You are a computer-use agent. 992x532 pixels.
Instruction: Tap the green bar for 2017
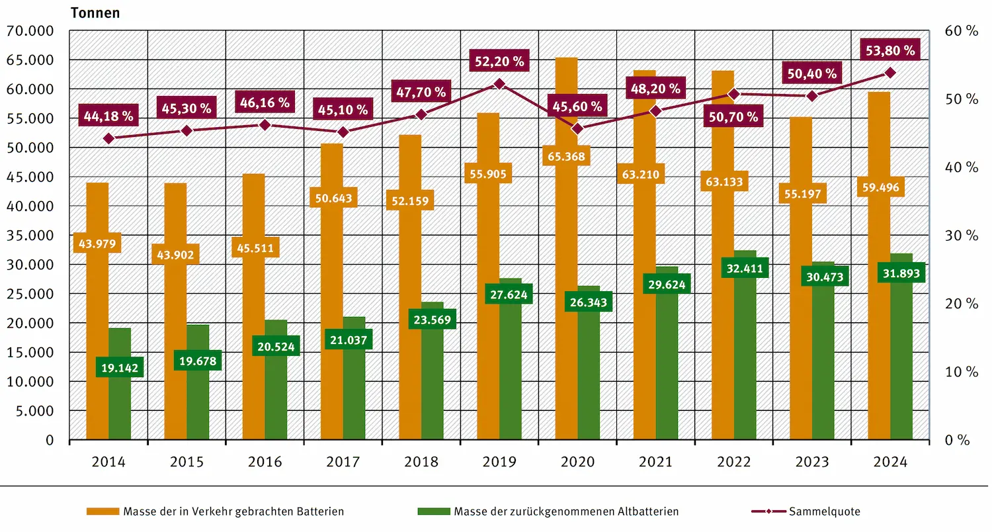354,397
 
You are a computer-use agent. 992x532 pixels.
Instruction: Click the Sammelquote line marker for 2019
499,84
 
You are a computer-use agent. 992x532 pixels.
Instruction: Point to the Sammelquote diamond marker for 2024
890,73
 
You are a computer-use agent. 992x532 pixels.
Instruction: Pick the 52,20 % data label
499,62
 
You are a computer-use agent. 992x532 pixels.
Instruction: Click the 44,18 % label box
108,116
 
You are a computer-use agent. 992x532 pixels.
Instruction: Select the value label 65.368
565,157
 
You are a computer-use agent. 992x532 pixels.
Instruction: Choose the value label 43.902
175,254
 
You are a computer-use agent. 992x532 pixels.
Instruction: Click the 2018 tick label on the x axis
421,462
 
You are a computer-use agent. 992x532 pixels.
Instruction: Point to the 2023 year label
812,462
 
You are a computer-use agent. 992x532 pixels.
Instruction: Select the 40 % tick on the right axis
962,167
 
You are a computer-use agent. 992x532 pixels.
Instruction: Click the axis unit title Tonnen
95,13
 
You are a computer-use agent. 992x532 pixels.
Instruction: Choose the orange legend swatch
103,511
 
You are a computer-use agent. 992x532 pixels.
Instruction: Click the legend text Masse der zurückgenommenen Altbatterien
566,511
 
